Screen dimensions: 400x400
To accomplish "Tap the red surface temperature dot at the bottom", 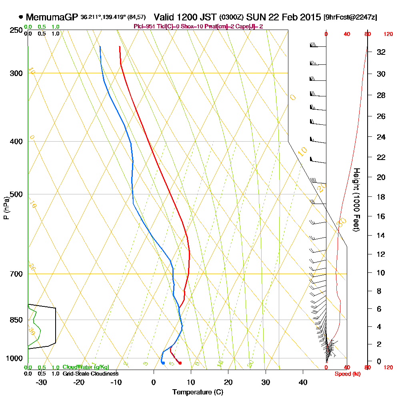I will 180,363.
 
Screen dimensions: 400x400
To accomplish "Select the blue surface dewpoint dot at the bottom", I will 163,363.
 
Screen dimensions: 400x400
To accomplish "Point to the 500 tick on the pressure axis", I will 15,194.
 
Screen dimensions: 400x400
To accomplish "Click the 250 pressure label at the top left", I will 15,30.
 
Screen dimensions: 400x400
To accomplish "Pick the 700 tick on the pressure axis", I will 15,274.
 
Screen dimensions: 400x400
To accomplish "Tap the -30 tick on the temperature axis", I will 42,382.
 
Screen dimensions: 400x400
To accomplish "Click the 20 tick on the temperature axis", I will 228,382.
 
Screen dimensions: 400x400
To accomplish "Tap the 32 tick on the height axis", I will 381,52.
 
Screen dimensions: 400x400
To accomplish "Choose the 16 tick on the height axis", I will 381,216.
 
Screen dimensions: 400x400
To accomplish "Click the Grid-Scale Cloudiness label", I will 90,374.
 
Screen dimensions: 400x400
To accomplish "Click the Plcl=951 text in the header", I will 144,26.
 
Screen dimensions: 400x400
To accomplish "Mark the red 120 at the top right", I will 388,34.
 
